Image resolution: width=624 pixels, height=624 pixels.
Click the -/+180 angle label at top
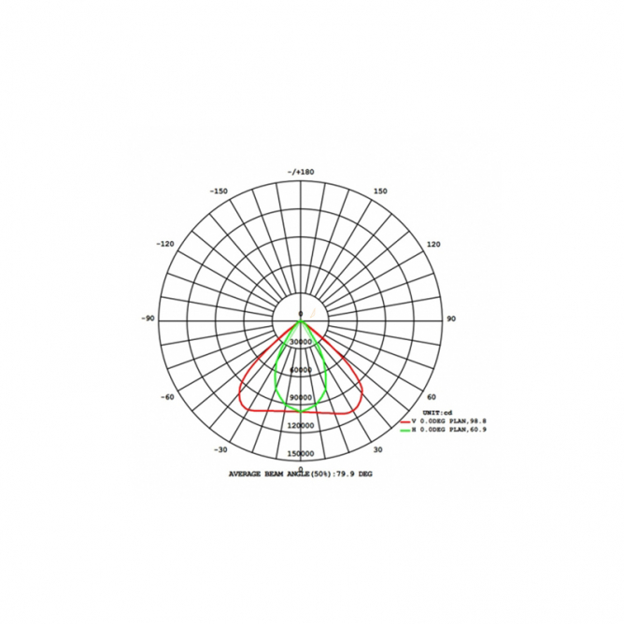click(x=301, y=172)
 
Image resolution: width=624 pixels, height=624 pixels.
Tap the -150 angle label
click(x=219, y=191)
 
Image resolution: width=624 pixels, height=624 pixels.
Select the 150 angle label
click(x=380, y=191)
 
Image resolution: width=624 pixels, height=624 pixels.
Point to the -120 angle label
click(x=165, y=244)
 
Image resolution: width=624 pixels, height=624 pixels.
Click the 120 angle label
click(x=433, y=244)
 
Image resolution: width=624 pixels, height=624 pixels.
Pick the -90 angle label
click(x=148, y=319)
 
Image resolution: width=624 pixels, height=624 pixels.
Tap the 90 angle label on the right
click(x=451, y=319)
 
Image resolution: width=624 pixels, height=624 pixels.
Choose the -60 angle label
click(x=167, y=397)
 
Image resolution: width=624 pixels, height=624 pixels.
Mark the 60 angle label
click(x=432, y=397)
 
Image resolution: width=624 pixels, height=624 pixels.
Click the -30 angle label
click(x=220, y=449)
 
